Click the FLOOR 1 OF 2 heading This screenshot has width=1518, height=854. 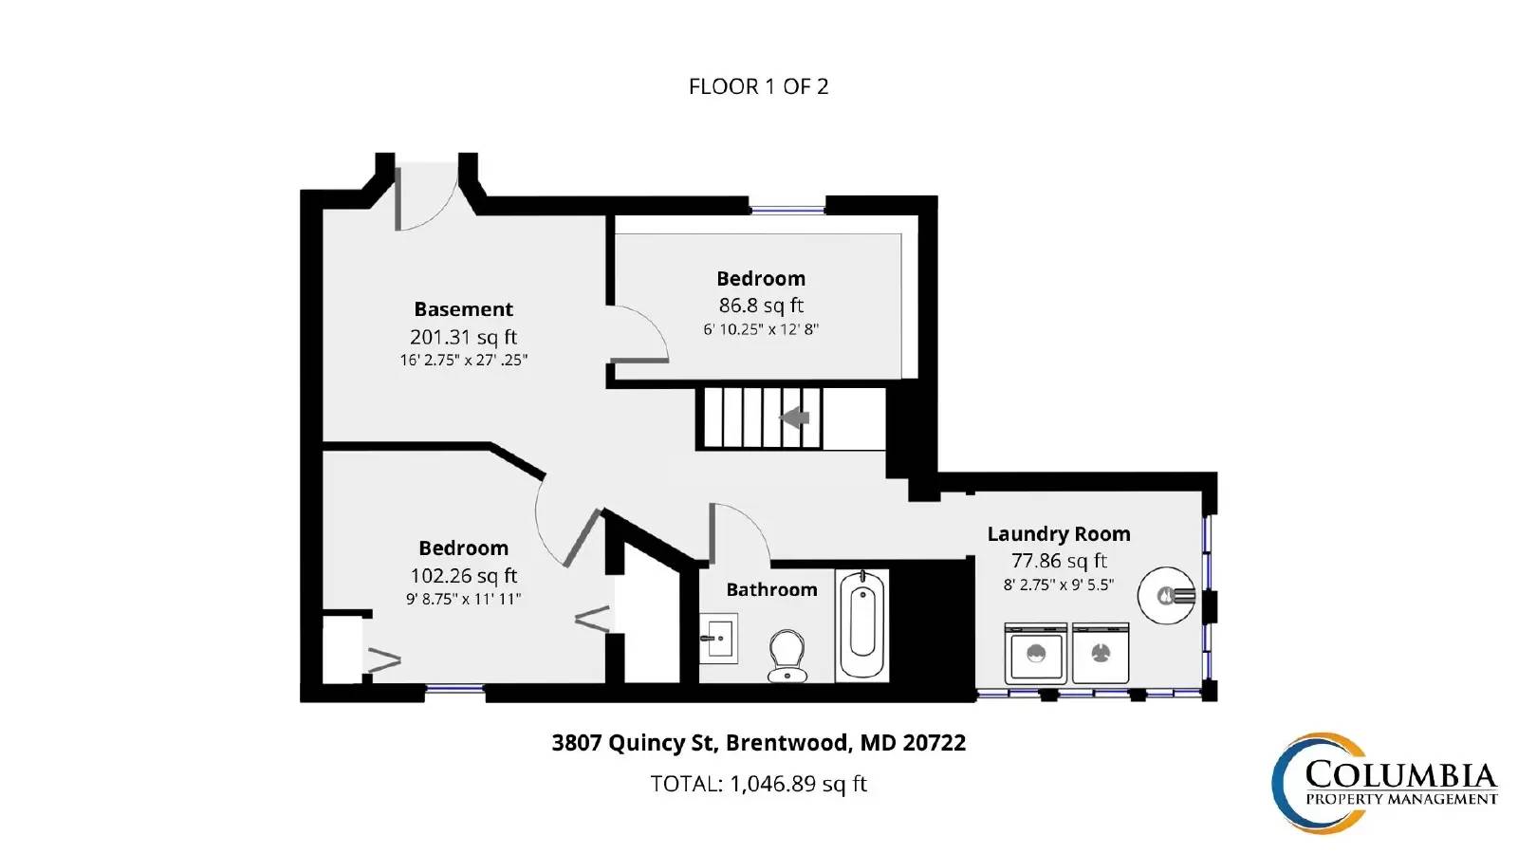tap(758, 86)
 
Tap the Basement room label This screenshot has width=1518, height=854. tap(463, 309)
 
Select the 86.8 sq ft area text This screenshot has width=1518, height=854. tap(760, 306)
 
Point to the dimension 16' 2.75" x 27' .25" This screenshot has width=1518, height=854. tap(463, 361)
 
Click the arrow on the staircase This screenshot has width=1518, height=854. tap(794, 418)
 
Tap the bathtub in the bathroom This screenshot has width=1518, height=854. tap(861, 623)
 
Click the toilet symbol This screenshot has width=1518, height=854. tap(787, 655)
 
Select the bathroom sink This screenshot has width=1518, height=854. tap(718, 639)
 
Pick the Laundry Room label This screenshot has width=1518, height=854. tap(1058, 534)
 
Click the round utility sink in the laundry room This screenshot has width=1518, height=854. tap(1166, 596)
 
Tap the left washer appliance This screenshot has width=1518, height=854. tap(1036, 654)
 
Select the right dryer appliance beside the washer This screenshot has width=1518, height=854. tap(1101, 653)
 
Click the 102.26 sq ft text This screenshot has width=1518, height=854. tap(463, 576)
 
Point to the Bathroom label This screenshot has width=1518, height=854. tap(771, 590)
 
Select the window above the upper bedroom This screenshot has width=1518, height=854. tap(787, 209)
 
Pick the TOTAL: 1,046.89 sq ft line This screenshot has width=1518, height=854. tap(758, 784)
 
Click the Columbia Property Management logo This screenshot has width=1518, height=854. tap(1384, 784)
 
